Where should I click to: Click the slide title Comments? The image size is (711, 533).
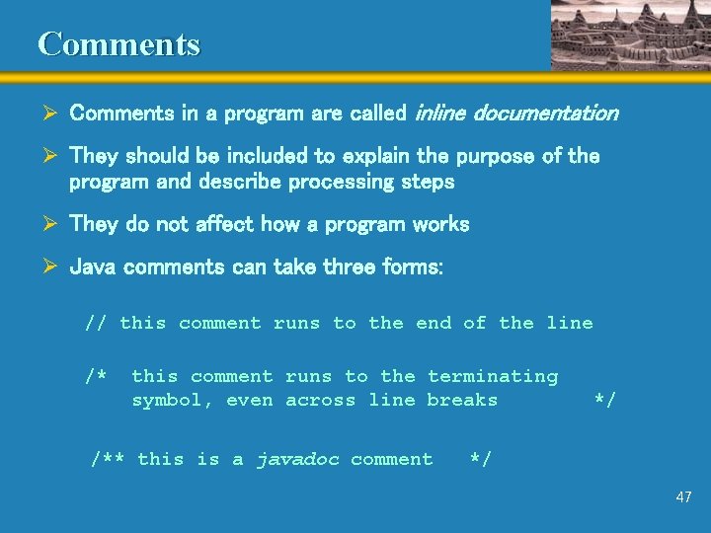coord(118,44)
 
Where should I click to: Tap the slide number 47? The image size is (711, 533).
coord(683,497)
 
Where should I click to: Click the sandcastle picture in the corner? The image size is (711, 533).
coord(628,35)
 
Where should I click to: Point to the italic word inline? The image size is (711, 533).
coord(438,114)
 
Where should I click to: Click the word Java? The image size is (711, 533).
coord(92,267)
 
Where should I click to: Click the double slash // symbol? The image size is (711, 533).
coord(96,323)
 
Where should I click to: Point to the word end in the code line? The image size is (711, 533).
coord(434,323)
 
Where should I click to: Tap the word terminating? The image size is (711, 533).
coord(493,376)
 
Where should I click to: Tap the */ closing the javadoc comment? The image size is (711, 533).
coord(481,459)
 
